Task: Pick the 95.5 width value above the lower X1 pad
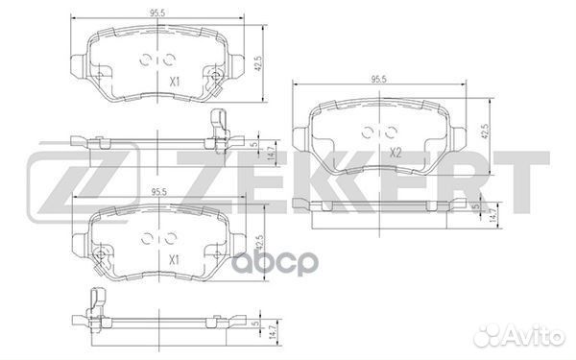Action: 154,191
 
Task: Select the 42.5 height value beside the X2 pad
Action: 487,131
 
